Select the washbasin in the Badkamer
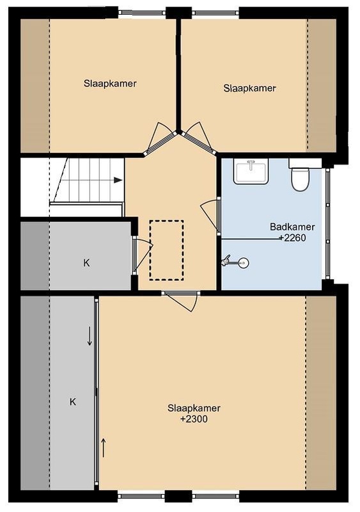251,172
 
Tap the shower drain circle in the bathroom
243,262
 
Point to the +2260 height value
293,237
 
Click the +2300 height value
194,419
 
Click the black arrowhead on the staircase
118,180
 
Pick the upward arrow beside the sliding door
104,448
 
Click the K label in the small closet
86,263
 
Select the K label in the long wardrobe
73,402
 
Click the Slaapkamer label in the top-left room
110,83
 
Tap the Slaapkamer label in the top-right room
249,88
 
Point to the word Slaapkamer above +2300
194,408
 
